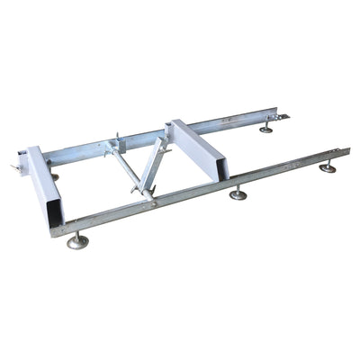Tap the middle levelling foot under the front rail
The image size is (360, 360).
coord(238,193)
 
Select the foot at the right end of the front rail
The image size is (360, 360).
coord(328,167)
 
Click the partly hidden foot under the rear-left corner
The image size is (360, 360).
coord(55,176)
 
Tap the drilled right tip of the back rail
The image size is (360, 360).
coord(287,114)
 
